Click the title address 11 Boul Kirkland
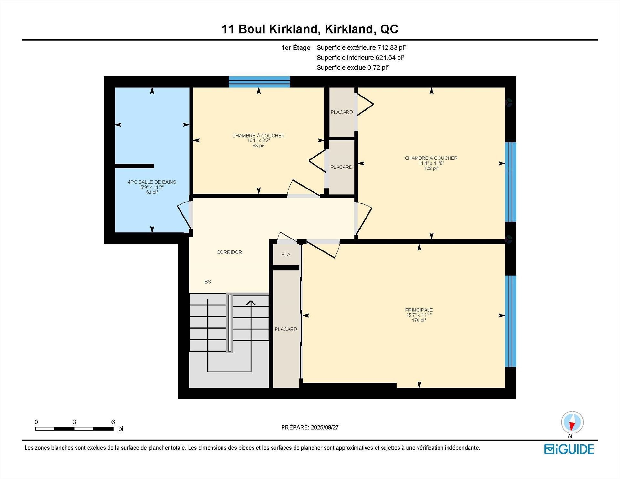(x=310, y=29)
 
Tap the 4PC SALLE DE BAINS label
(x=152, y=182)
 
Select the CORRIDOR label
(x=229, y=252)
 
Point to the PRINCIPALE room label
(x=419, y=310)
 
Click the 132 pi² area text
(x=431, y=168)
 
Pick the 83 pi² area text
(x=258, y=146)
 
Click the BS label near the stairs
(x=207, y=282)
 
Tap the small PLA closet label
(x=286, y=254)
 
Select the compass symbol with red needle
(x=572, y=422)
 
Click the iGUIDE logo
(x=569, y=449)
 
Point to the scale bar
(x=74, y=429)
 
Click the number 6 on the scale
(x=113, y=422)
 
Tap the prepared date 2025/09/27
(x=325, y=427)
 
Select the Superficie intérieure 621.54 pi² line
(x=360, y=58)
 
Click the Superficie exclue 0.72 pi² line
(x=353, y=68)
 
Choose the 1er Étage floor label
(x=296, y=48)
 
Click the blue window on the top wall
(x=259, y=82)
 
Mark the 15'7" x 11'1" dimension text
(x=419, y=315)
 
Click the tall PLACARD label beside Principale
(x=286, y=329)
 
